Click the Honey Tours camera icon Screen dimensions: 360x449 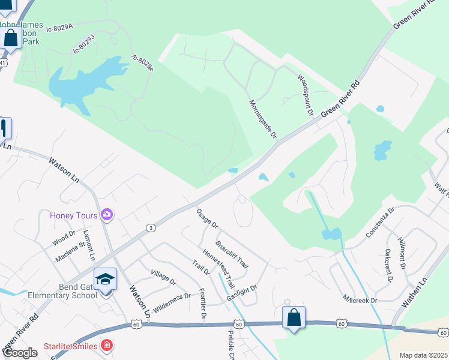(107, 214)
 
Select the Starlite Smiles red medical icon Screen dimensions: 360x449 (106, 346)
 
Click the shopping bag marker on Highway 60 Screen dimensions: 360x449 (294, 317)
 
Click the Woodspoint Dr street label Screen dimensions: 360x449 (306, 95)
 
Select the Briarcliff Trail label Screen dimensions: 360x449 (232, 254)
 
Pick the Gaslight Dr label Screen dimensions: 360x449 (242, 293)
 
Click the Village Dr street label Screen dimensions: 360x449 (163, 277)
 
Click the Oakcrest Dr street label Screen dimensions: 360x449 (388, 266)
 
